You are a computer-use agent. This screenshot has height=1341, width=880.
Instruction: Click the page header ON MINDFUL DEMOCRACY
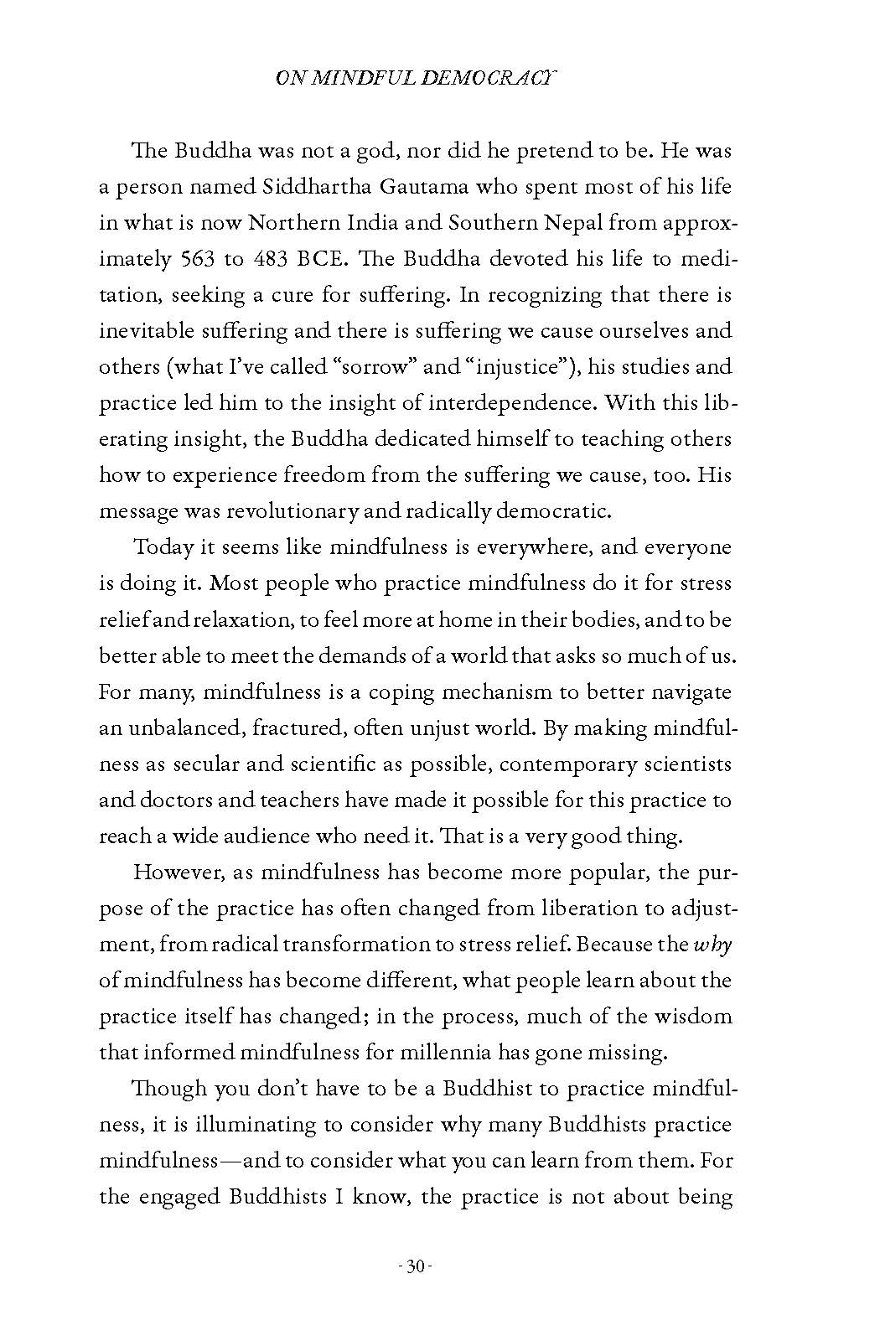417,79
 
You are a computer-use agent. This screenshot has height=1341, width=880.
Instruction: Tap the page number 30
417,1290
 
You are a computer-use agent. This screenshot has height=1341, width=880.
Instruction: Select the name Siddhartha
287,187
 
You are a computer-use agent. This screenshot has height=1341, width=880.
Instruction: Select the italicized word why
713,945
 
